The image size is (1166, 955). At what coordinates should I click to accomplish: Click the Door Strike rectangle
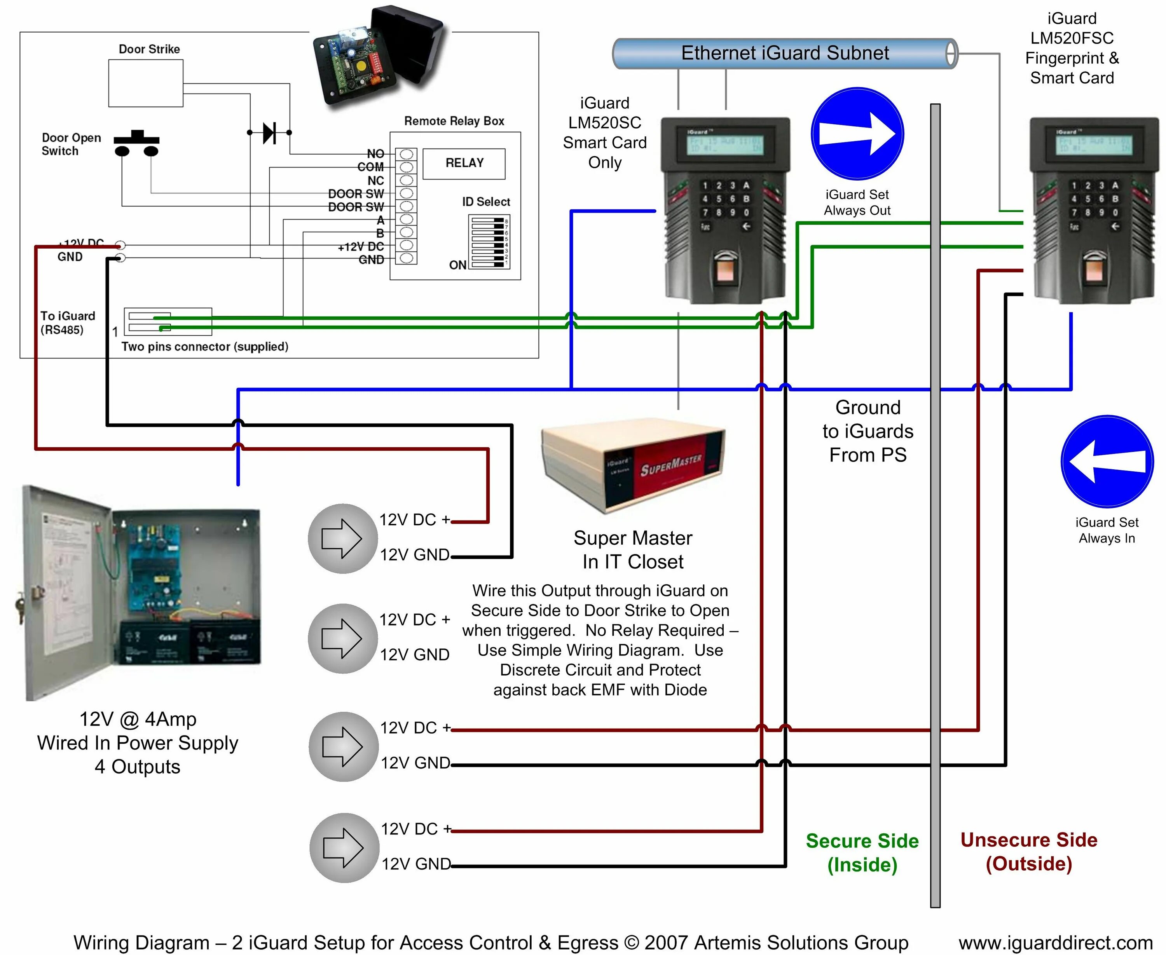[146, 84]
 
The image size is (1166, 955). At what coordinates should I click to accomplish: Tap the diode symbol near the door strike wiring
[269, 132]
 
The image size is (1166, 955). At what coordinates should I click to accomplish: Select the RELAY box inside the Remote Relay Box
[464, 164]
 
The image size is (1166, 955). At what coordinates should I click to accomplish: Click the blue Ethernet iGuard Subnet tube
[785, 53]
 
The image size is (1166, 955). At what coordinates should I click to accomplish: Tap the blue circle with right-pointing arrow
[857, 134]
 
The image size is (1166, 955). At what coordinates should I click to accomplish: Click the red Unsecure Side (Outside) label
[1028, 852]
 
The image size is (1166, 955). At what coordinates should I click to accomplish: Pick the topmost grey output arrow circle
[342, 538]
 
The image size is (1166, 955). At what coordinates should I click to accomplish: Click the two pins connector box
[168, 322]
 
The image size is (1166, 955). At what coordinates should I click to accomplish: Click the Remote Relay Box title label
[454, 121]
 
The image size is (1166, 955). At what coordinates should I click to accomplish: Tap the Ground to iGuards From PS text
[868, 431]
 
